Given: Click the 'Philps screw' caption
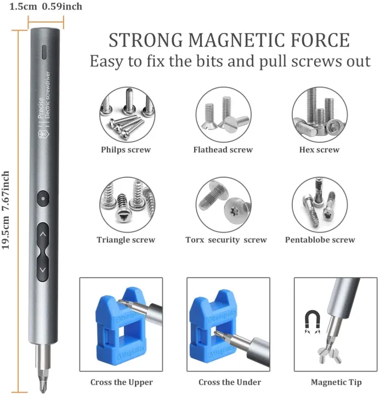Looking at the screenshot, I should coord(126,150).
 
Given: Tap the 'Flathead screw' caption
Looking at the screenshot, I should coord(223,150).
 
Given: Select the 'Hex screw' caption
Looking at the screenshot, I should coord(319,150).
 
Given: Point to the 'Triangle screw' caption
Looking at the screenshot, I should coord(126,240).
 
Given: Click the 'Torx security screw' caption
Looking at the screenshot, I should coord(226,240).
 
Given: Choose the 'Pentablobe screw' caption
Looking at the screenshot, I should coord(320,240).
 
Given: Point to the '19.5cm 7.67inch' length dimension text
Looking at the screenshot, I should coord(6,210).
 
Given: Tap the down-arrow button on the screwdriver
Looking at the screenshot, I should coord(44,270).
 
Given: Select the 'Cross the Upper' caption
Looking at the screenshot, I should coord(121,382).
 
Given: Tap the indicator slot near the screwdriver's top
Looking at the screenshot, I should coord(44,53).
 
